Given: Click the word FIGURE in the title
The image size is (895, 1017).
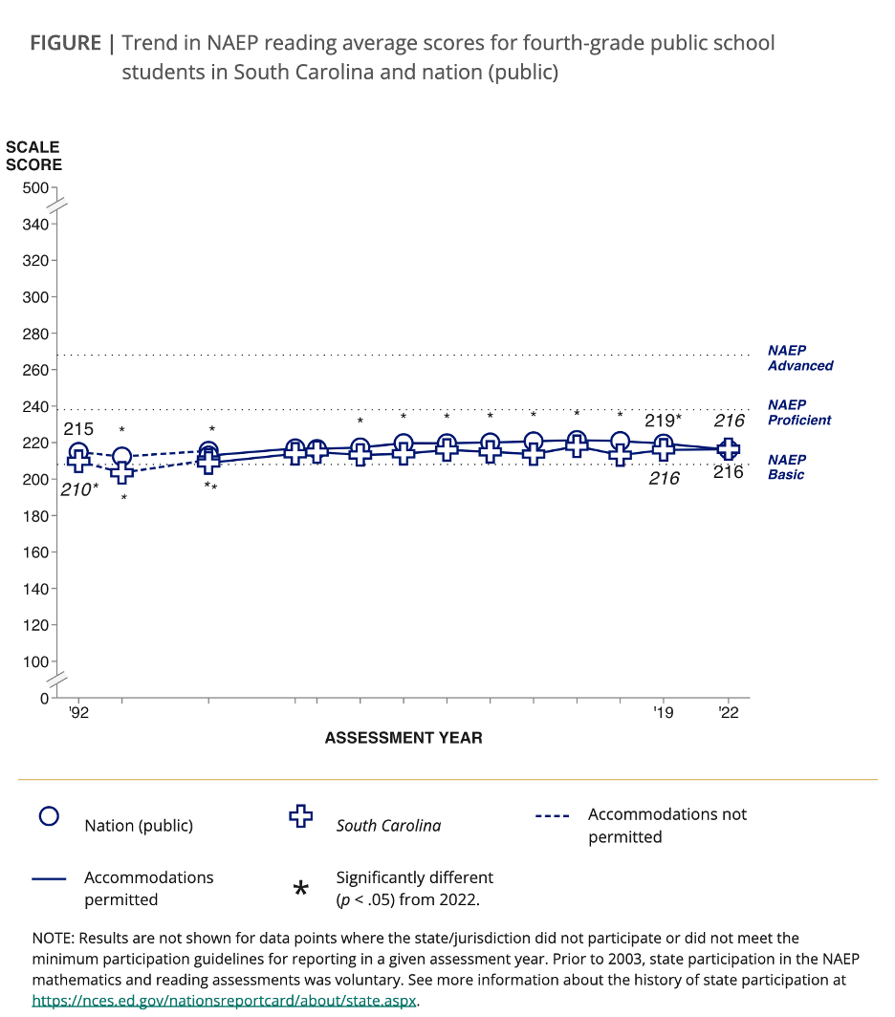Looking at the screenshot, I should [65, 43].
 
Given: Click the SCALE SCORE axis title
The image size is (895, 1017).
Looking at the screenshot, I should [33, 156].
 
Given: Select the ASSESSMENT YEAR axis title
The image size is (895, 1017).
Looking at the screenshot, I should [404, 738].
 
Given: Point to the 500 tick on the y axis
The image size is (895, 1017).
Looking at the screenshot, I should [34, 188].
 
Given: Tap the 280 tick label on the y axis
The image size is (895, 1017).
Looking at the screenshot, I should [34, 334].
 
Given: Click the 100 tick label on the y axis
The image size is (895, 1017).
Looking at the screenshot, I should [34, 661].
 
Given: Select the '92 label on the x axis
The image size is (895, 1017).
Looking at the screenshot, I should [78, 712].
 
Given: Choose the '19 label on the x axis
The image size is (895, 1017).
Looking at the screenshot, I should [663, 712].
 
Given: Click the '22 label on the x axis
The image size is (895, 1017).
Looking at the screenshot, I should [729, 712].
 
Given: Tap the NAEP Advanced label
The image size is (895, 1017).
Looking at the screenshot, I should [800, 358].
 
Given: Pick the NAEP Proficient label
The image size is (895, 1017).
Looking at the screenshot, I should [799, 412].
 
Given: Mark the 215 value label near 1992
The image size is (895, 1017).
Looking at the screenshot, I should [78, 430].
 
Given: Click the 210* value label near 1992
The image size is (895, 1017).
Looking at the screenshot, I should [80, 490].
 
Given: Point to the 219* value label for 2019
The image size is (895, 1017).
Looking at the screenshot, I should [663, 420].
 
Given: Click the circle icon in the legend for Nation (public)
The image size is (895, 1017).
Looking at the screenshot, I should [49, 816].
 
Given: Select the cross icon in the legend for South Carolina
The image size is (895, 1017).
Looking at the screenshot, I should [301, 816].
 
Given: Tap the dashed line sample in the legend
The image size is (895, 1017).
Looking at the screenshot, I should [553, 816].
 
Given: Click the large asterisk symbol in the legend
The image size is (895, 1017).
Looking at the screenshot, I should [300, 889].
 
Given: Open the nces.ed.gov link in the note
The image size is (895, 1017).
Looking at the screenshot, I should [225, 1000].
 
